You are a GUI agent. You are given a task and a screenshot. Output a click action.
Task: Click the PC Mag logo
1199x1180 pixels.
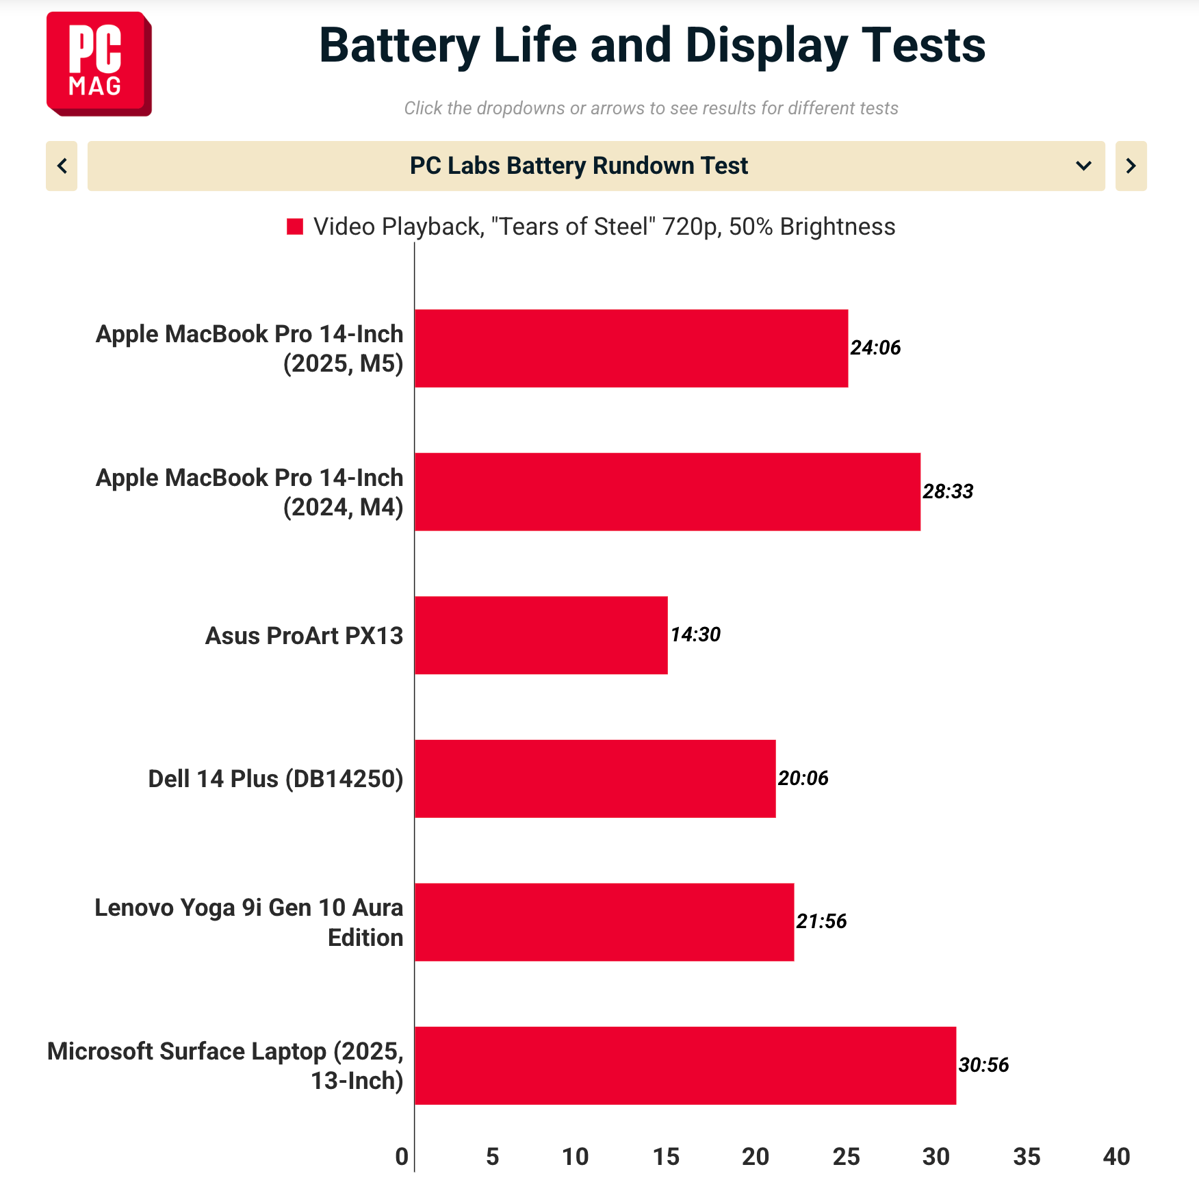pos(99,64)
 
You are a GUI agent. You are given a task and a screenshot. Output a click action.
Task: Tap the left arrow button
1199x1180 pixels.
pos(62,166)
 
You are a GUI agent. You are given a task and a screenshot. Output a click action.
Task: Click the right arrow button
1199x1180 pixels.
pos(1131,166)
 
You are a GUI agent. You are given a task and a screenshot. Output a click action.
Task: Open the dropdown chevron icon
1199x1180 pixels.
pos(1083,166)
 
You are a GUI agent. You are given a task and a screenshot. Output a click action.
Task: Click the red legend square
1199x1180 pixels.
pos(295,227)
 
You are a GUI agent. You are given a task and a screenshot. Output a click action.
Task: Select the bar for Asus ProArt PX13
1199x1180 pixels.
pos(541,635)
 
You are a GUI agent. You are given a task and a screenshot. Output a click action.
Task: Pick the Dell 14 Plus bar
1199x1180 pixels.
pos(595,778)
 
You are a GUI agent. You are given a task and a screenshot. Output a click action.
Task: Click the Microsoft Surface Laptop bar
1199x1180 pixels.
pos(684,1065)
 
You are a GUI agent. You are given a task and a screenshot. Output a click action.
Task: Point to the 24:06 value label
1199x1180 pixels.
pos(875,348)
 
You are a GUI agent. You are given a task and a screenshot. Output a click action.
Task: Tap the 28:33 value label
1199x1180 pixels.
pos(947,491)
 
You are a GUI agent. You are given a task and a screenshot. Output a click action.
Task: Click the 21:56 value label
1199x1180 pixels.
pos(821,921)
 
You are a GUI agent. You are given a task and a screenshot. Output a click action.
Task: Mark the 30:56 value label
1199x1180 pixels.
pos(983,1065)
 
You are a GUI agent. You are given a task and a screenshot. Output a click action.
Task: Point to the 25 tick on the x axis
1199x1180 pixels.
pos(846,1157)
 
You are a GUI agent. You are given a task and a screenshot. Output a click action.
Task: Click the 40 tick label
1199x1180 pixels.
pos(1116,1157)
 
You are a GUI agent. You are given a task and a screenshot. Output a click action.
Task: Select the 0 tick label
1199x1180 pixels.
pos(402,1157)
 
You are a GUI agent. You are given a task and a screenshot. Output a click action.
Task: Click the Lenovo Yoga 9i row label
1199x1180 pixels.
pos(249,922)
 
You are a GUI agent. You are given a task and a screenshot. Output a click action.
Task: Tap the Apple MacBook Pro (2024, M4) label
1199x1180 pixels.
pos(250,492)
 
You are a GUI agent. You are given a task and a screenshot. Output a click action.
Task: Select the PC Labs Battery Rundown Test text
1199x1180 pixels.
pos(579,166)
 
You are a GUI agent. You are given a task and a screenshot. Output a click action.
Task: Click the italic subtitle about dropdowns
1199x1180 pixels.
pos(651,108)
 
